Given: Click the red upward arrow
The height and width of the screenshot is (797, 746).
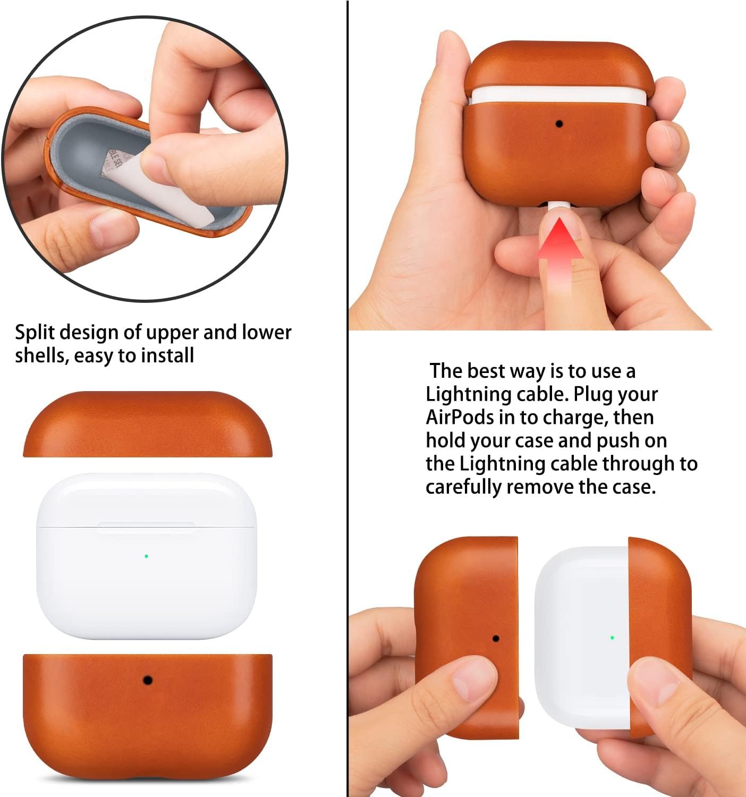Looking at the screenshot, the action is (559, 253).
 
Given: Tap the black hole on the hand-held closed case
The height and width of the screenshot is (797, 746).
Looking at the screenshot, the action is (559, 124).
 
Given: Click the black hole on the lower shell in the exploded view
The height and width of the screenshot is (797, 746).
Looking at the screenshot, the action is (147, 680).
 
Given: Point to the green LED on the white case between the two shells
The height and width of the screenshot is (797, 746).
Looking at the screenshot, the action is (146, 556).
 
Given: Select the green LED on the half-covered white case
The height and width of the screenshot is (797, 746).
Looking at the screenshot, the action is (612, 638).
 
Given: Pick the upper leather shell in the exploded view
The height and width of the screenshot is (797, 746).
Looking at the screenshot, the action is (148, 424).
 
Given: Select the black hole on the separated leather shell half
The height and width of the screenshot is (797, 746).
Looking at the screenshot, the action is (495, 638).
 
